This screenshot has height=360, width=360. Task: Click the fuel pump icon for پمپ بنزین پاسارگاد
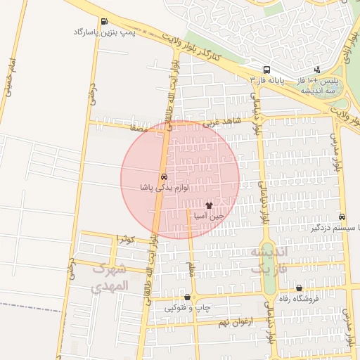(104, 22)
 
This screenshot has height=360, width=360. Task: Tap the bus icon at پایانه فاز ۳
(266, 70)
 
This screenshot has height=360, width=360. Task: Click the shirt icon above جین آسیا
(209, 205)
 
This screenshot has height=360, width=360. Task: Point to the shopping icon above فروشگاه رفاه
(300, 288)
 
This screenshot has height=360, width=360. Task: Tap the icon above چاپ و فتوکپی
(187, 297)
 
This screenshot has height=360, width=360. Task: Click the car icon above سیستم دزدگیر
(342, 217)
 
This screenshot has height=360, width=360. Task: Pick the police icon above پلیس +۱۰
(318, 70)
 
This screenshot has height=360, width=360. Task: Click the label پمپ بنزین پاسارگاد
(105, 32)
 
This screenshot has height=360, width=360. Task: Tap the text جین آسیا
(210, 217)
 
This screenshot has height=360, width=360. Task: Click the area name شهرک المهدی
(110, 277)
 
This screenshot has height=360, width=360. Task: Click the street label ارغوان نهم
(215, 323)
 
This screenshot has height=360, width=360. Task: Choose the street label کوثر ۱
(124, 240)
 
